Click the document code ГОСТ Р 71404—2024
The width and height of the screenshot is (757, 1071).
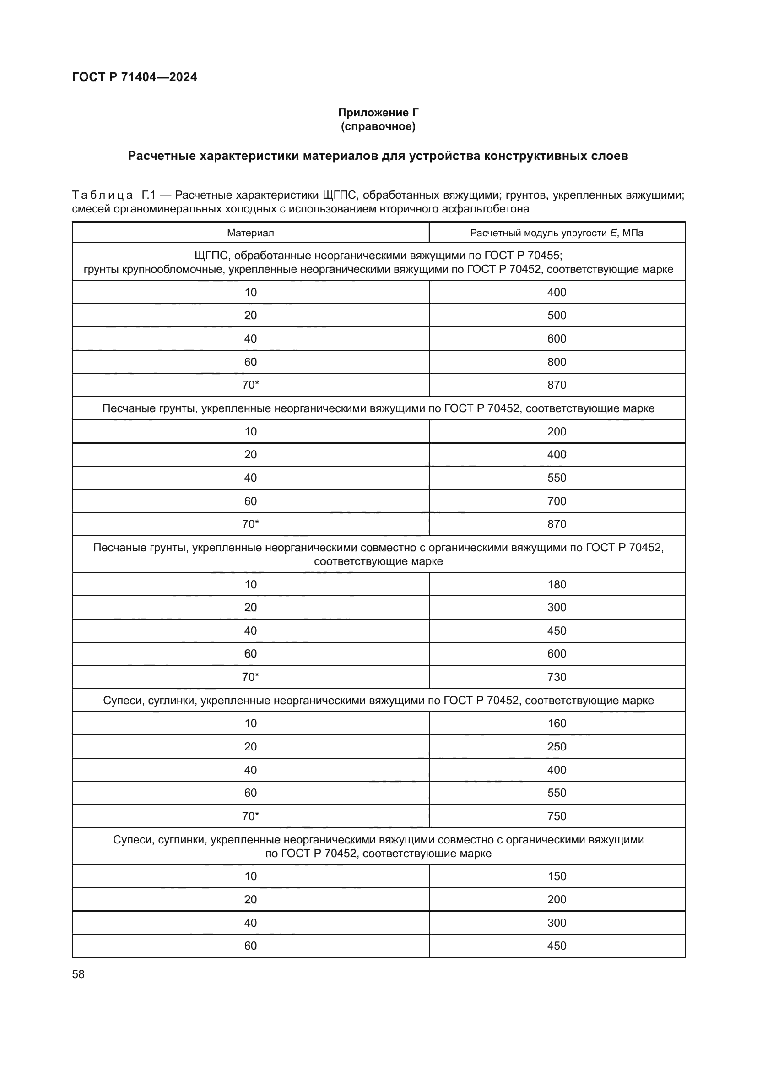pyautogui.click(x=134, y=77)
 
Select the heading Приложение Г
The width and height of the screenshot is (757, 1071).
pyautogui.click(x=378, y=113)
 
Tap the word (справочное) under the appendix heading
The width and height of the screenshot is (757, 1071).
pyautogui.click(x=378, y=126)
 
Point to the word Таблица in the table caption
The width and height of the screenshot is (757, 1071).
pyautogui.click(x=103, y=195)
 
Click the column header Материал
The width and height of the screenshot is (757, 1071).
pyautogui.click(x=250, y=233)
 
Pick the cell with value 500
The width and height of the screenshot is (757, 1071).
pyautogui.click(x=557, y=315)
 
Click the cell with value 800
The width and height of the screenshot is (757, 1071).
pyautogui.click(x=557, y=362)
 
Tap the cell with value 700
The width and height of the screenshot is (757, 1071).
pyautogui.click(x=557, y=501)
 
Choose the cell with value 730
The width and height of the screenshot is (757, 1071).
pyautogui.click(x=557, y=677)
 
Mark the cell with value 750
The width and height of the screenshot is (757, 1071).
pyautogui.click(x=557, y=816)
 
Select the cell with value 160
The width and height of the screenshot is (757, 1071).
pyautogui.click(x=557, y=723)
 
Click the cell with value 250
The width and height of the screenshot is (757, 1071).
pyautogui.click(x=557, y=746)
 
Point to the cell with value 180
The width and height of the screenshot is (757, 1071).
pyautogui.click(x=557, y=584)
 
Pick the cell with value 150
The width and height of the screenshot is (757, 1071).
pyautogui.click(x=557, y=876)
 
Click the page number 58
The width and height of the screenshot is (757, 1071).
pyautogui.click(x=78, y=974)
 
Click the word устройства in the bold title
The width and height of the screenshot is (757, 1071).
pyautogui.click(x=444, y=156)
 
